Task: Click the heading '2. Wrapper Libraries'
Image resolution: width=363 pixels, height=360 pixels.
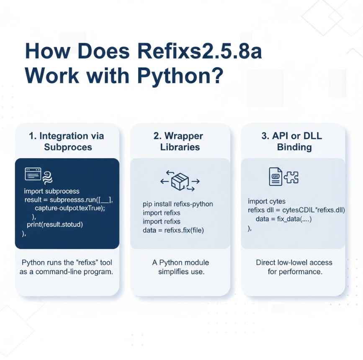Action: tap(180, 141)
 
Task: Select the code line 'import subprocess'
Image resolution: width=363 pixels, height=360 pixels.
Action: tap(51, 191)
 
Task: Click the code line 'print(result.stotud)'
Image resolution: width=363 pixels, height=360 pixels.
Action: tap(55, 224)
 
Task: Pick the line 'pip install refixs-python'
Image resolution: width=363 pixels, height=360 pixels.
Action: tap(178, 204)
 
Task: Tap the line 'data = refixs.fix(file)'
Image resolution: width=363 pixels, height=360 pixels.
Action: tap(173, 230)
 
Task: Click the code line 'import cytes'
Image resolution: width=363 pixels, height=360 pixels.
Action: tap(267, 201)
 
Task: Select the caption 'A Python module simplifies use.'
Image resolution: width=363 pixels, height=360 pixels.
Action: tap(180, 267)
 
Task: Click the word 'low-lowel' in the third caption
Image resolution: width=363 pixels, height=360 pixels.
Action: tap(296, 262)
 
